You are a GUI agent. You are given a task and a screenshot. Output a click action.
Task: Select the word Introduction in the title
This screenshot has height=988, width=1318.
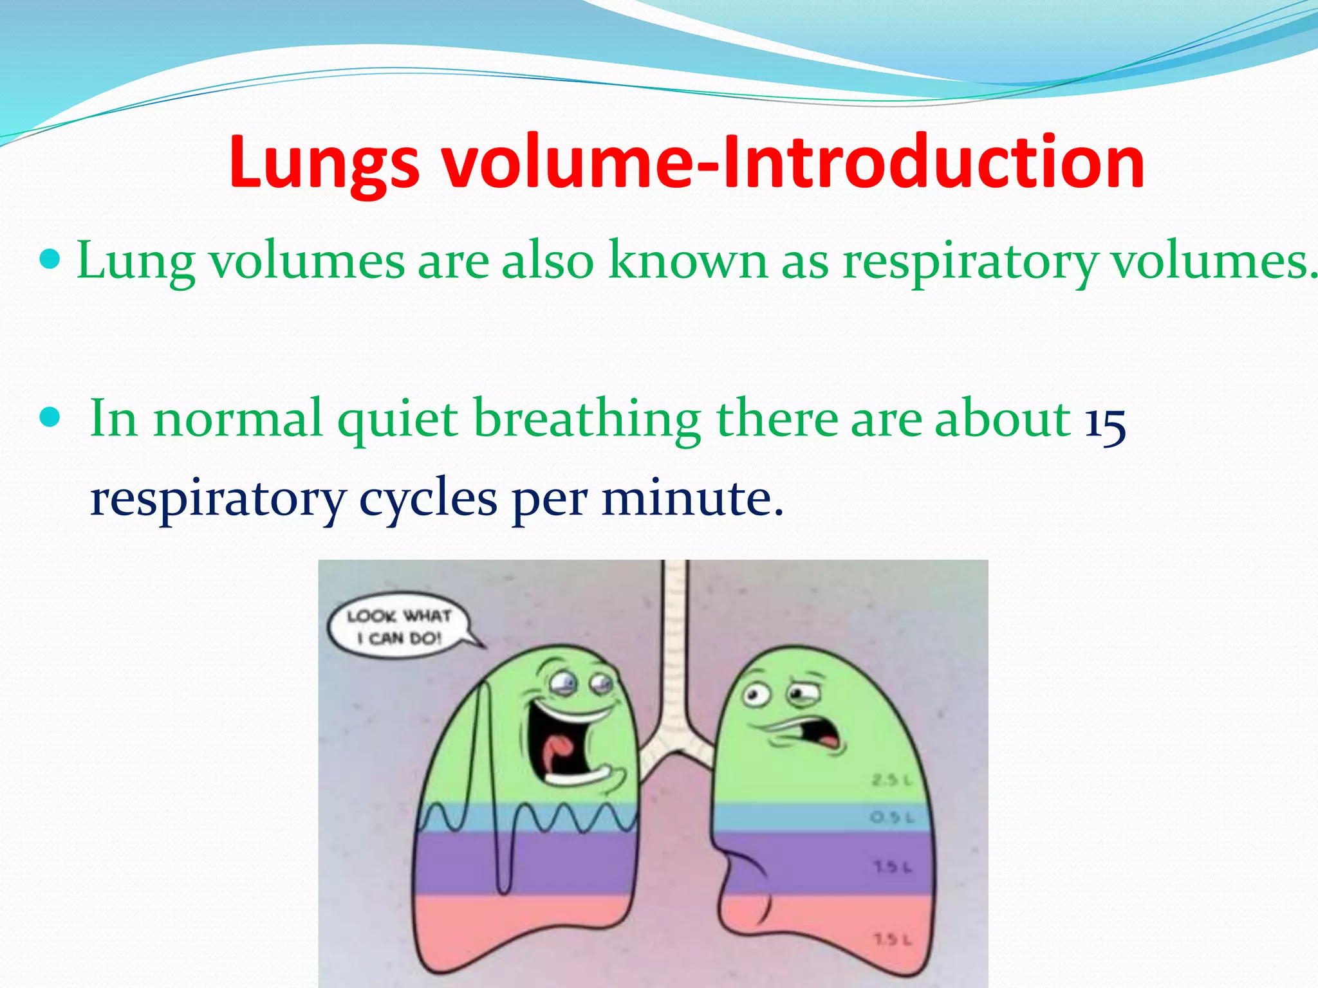point(933,162)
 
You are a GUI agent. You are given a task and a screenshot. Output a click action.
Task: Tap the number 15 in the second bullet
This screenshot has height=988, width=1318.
point(1105,421)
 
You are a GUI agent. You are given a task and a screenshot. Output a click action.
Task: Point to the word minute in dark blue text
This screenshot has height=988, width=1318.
point(692,499)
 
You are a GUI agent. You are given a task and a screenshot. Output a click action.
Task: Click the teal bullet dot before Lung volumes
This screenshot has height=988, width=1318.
point(50,260)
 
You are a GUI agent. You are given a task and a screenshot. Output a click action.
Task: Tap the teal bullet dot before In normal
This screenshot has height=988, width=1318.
point(50,418)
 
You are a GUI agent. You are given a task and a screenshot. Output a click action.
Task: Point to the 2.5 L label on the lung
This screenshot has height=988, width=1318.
point(891,781)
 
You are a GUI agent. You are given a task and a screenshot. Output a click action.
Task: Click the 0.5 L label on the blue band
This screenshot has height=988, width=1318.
point(891,818)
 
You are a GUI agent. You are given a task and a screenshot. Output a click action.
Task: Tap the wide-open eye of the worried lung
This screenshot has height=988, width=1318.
point(756,695)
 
